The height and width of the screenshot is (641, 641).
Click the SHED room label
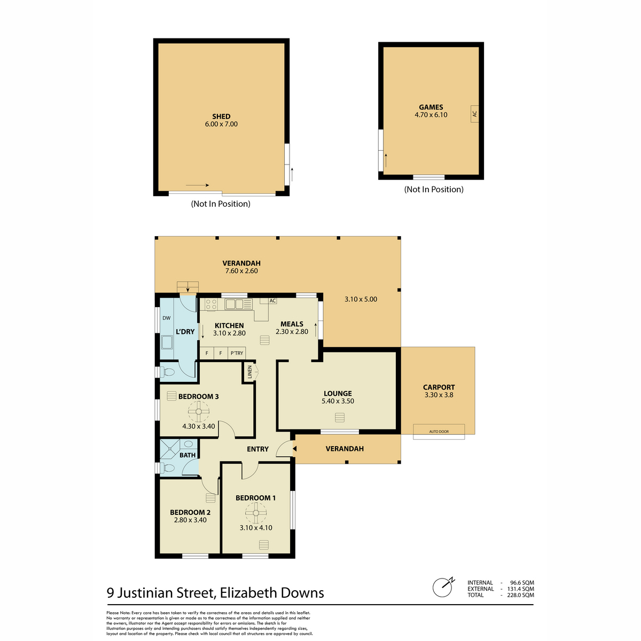221,116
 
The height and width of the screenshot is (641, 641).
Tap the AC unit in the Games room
474,114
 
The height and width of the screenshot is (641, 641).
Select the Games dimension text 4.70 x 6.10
431,115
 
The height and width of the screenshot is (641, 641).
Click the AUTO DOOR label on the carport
439,432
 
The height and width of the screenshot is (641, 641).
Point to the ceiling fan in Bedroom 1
255,513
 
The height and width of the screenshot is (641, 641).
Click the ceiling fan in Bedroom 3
198,411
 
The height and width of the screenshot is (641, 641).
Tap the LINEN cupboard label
250,372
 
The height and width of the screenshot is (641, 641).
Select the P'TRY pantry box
237,353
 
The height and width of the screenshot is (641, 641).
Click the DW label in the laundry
166,318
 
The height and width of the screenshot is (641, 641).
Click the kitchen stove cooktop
211,304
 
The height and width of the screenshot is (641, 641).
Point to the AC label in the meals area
272,301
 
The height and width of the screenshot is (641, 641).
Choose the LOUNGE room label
337,394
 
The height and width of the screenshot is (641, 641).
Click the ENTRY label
257,449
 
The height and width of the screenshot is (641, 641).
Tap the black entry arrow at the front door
294,449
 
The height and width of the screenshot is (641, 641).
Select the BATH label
187,455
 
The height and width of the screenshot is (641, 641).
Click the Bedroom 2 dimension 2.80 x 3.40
190,520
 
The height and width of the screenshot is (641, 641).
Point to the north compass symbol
443,587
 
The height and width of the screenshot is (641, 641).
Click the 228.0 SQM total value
520,595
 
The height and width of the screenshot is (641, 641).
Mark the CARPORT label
439,387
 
